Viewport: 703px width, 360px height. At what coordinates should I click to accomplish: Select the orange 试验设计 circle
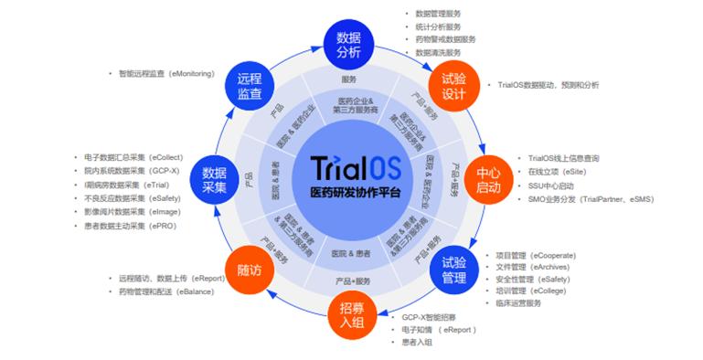tap(454, 87)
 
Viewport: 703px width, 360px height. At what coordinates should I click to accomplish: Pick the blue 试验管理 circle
tap(453, 270)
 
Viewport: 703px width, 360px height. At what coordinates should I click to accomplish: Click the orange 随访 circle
tap(250, 270)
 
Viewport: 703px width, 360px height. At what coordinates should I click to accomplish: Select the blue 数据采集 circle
tap(214, 180)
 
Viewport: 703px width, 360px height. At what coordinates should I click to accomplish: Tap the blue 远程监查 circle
tap(250, 87)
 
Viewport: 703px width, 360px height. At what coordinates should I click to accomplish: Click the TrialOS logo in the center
tap(352, 170)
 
